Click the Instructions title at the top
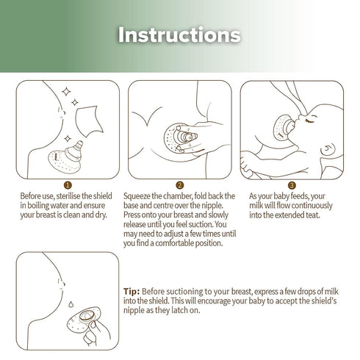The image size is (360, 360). click(179, 35)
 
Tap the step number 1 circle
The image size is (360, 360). click(68, 186)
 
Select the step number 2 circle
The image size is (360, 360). click(179, 186)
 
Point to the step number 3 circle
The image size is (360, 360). click(292, 186)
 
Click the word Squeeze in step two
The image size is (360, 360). click(145, 196)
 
